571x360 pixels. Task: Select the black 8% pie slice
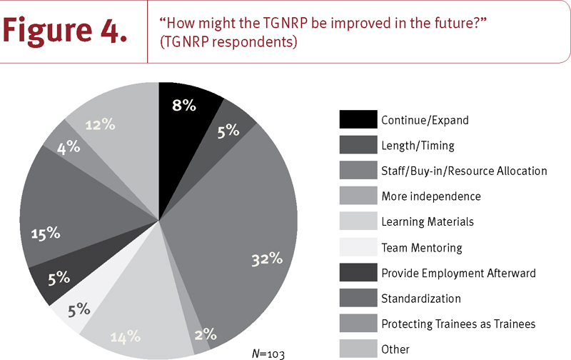pos(184,114)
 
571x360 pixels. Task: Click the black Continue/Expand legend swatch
pos(356,120)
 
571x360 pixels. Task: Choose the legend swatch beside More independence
pos(356,196)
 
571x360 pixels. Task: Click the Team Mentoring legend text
pos(422,248)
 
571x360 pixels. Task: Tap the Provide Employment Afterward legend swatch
pos(356,273)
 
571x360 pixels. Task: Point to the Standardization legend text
pos(421,299)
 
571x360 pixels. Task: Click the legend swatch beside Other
pos(356,350)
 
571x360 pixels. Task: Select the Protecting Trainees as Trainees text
pos(458,324)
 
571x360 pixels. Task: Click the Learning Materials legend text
pos(427,222)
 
